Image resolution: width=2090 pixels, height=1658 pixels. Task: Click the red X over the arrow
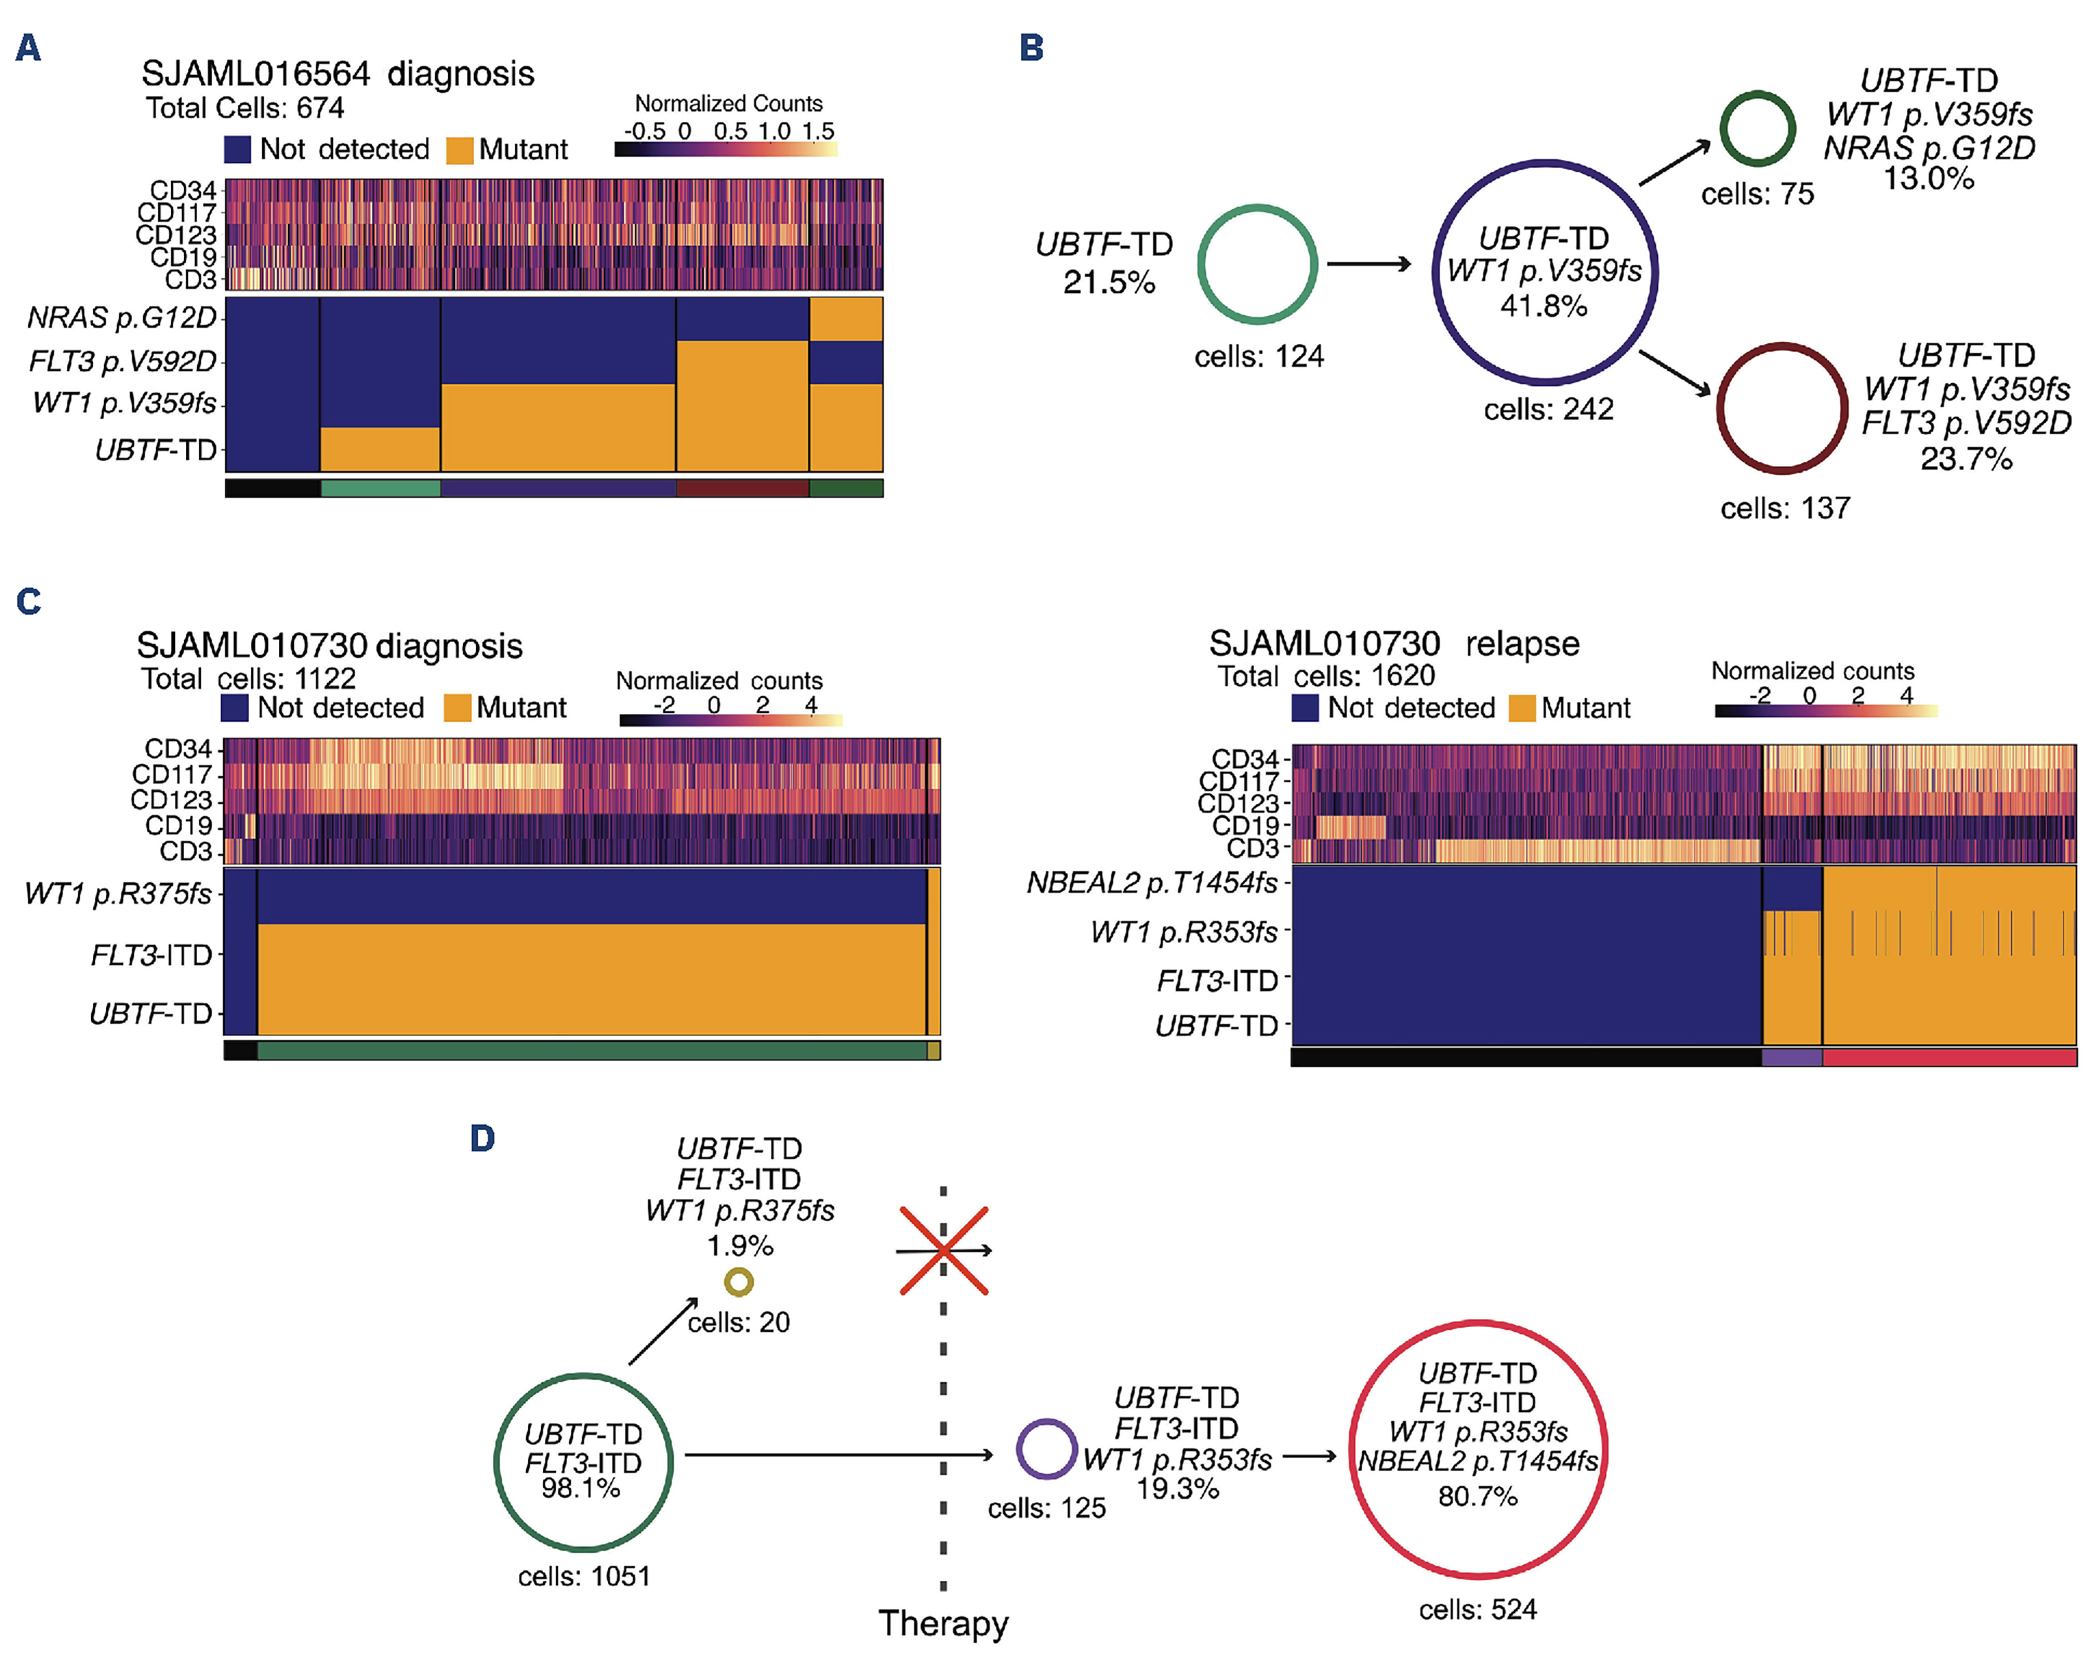click(943, 1251)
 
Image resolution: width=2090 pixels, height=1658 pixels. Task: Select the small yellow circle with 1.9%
click(739, 1283)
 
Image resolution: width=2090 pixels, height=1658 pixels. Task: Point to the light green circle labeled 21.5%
click(1258, 264)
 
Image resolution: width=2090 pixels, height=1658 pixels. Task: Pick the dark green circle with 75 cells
click(1757, 129)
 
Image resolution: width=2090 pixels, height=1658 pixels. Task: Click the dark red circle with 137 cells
click(1782, 408)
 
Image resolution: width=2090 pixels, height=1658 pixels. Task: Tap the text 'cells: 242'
click(1548, 410)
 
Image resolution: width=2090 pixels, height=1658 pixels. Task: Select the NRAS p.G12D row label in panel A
click(122, 318)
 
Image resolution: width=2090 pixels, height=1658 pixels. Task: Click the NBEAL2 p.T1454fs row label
click(1151, 883)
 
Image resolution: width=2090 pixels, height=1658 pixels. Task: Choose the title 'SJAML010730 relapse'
click(1393, 644)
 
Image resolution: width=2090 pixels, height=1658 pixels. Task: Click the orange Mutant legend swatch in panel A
click(460, 150)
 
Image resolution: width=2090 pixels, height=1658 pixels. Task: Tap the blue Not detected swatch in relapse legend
click(1305, 708)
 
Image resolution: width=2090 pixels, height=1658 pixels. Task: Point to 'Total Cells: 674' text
click(245, 108)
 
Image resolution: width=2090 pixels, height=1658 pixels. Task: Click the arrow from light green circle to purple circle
click(1369, 264)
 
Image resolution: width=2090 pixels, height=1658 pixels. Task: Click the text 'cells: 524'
click(1477, 1610)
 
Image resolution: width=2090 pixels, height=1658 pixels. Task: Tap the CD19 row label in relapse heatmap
click(1244, 825)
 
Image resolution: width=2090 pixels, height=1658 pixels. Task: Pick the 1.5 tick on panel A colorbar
click(818, 131)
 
